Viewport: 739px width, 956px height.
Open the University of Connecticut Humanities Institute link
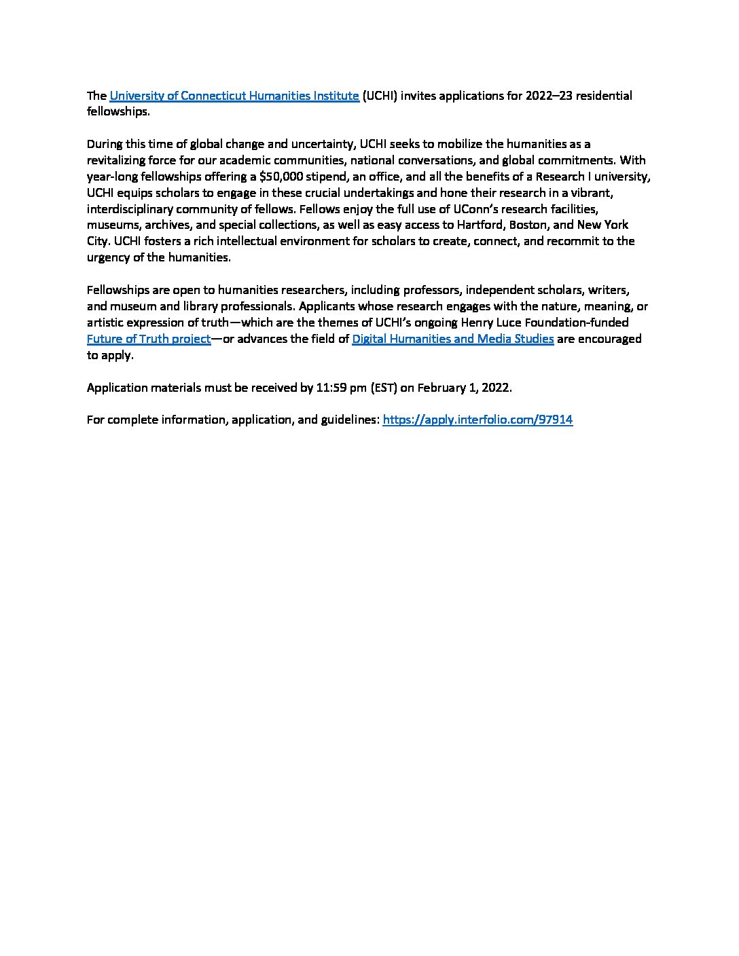(234, 96)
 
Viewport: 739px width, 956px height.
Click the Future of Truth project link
(149, 339)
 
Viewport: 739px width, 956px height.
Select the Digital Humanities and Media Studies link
(452, 339)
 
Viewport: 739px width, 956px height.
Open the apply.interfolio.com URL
(477, 420)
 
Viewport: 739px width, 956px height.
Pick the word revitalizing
(118, 160)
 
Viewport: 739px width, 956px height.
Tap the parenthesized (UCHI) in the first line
(379, 96)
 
